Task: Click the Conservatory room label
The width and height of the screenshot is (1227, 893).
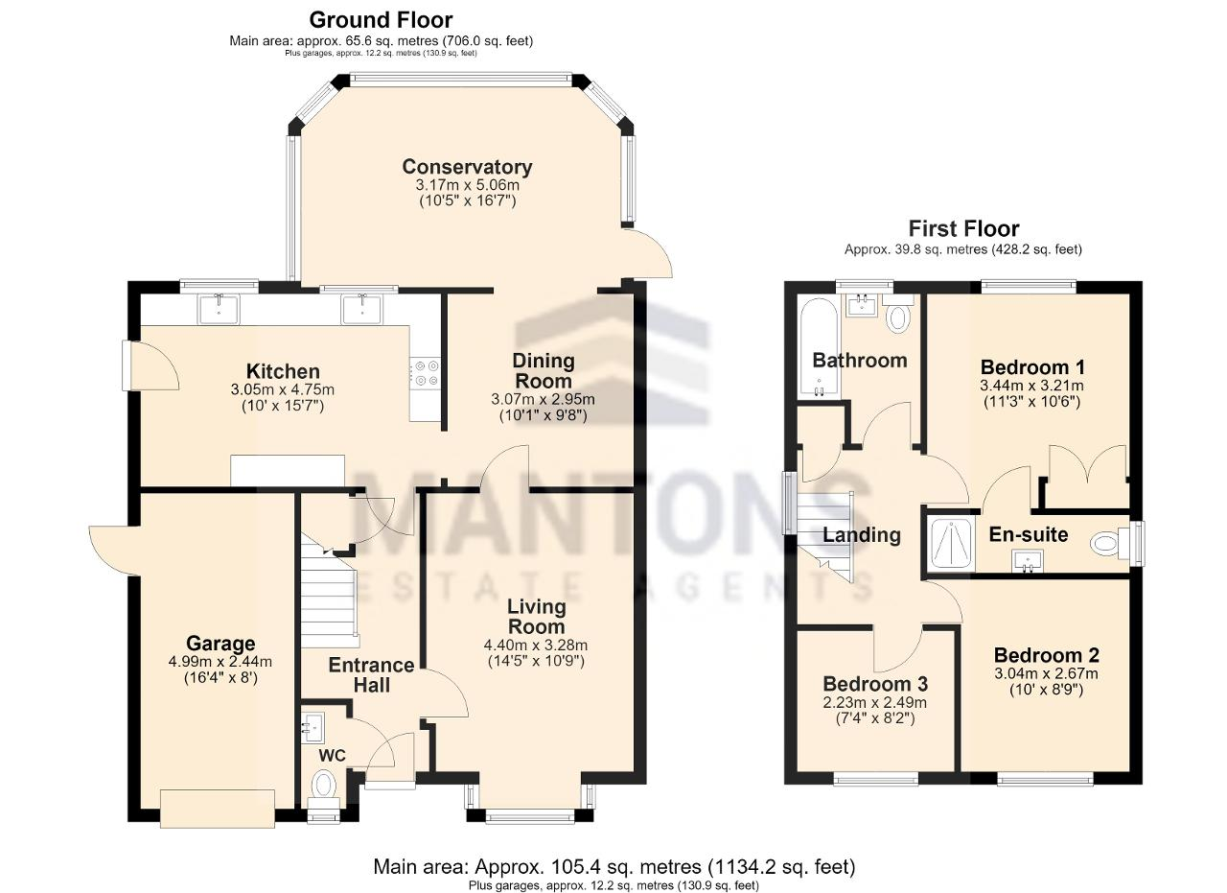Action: coord(467,167)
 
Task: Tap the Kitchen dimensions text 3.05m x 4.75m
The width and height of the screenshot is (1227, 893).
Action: coord(283,389)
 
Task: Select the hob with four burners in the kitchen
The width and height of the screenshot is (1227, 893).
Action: coord(425,373)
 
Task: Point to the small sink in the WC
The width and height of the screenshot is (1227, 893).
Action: coord(313,726)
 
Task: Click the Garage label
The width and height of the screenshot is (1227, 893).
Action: coord(220,644)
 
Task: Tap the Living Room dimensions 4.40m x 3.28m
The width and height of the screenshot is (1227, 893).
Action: coord(536,646)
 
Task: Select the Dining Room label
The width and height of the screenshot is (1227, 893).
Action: coord(544,370)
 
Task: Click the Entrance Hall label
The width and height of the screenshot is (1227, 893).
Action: coord(371,675)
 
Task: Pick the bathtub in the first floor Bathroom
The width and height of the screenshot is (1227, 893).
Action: coord(819,346)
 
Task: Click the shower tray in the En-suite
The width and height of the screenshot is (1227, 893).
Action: coord(952,543)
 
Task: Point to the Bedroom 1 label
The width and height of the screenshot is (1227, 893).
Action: coord(1032,366)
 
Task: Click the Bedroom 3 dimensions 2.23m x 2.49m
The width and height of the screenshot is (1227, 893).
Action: coord(875,702)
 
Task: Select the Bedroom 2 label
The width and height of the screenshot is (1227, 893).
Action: coord(1047,655)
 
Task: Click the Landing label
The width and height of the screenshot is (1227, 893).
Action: coord(862,535)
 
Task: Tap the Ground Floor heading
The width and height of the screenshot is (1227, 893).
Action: coord(381,20)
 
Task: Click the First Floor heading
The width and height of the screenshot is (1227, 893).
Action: coord(964,228)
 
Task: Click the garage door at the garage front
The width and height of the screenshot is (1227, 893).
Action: coord(218,809)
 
